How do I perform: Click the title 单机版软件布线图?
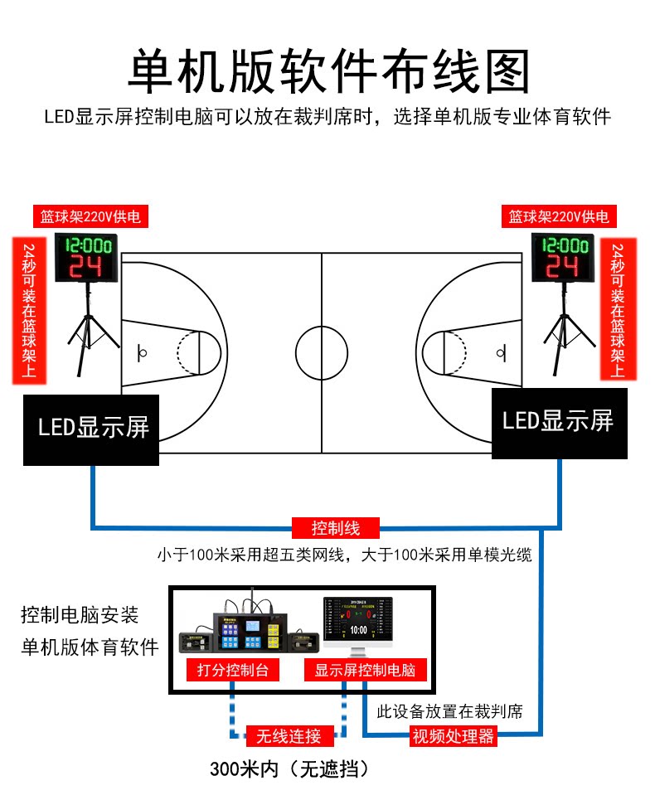point(327,72)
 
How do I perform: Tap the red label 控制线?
point(335,527)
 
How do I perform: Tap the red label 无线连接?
point(289,735)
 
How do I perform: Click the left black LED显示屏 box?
point(91,429)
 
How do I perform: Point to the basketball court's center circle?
point(322,353)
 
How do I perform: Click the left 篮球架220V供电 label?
point(91,217)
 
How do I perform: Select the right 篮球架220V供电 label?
point(559,217)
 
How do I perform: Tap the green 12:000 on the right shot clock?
point(562,246)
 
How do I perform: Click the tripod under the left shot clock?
point(86,327)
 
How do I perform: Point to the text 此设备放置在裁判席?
point(449,711)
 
